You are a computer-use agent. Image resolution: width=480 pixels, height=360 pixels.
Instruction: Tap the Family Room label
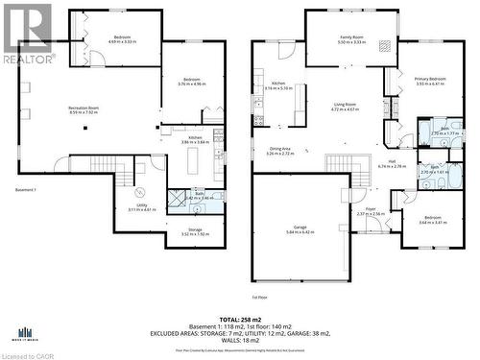click(x=351, y=37)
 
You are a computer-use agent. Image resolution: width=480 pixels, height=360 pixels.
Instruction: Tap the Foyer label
click(x=371, y=208)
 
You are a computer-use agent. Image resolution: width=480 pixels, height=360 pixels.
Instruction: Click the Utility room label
click(x=141, y=204)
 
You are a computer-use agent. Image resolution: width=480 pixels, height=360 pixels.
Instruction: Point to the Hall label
click(x=393, y=160)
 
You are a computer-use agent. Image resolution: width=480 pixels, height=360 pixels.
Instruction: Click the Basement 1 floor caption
click(x=26, y=190)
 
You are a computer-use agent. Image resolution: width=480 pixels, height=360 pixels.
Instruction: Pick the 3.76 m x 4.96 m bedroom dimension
click(x=192, y=84)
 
